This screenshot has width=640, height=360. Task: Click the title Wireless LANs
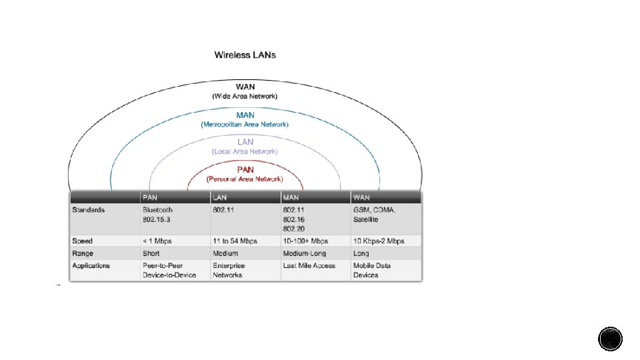(x=245, y=55)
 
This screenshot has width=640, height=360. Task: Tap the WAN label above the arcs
(x=245, y=87)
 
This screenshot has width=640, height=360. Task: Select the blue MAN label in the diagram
(x=245, y=115)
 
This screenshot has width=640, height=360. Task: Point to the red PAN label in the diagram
(x=245, y=169)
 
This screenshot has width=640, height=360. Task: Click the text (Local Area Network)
(x=245, y=151)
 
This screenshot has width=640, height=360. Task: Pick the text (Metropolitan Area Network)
(x=245, y=124)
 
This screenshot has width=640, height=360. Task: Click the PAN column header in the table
(x=149, y=197)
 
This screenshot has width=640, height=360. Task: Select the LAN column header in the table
(x=220, y=197)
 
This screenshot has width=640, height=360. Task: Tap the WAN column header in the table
(x=361, y=197)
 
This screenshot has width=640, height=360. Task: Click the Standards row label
(x=89, y=210)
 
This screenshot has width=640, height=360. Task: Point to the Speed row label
(x=83, y=241)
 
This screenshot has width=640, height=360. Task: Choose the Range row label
(x=83, y=253)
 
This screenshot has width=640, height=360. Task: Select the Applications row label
(x=91, y=265)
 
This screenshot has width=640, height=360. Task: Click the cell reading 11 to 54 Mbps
(x=235, y=241)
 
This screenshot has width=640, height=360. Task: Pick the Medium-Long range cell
(x=305, y=253)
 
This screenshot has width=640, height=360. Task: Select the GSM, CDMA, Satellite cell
(x=375, y=214)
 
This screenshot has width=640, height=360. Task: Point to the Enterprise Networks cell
(x=229, y=270)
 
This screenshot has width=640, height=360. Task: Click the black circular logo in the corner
(x=610, y=339)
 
